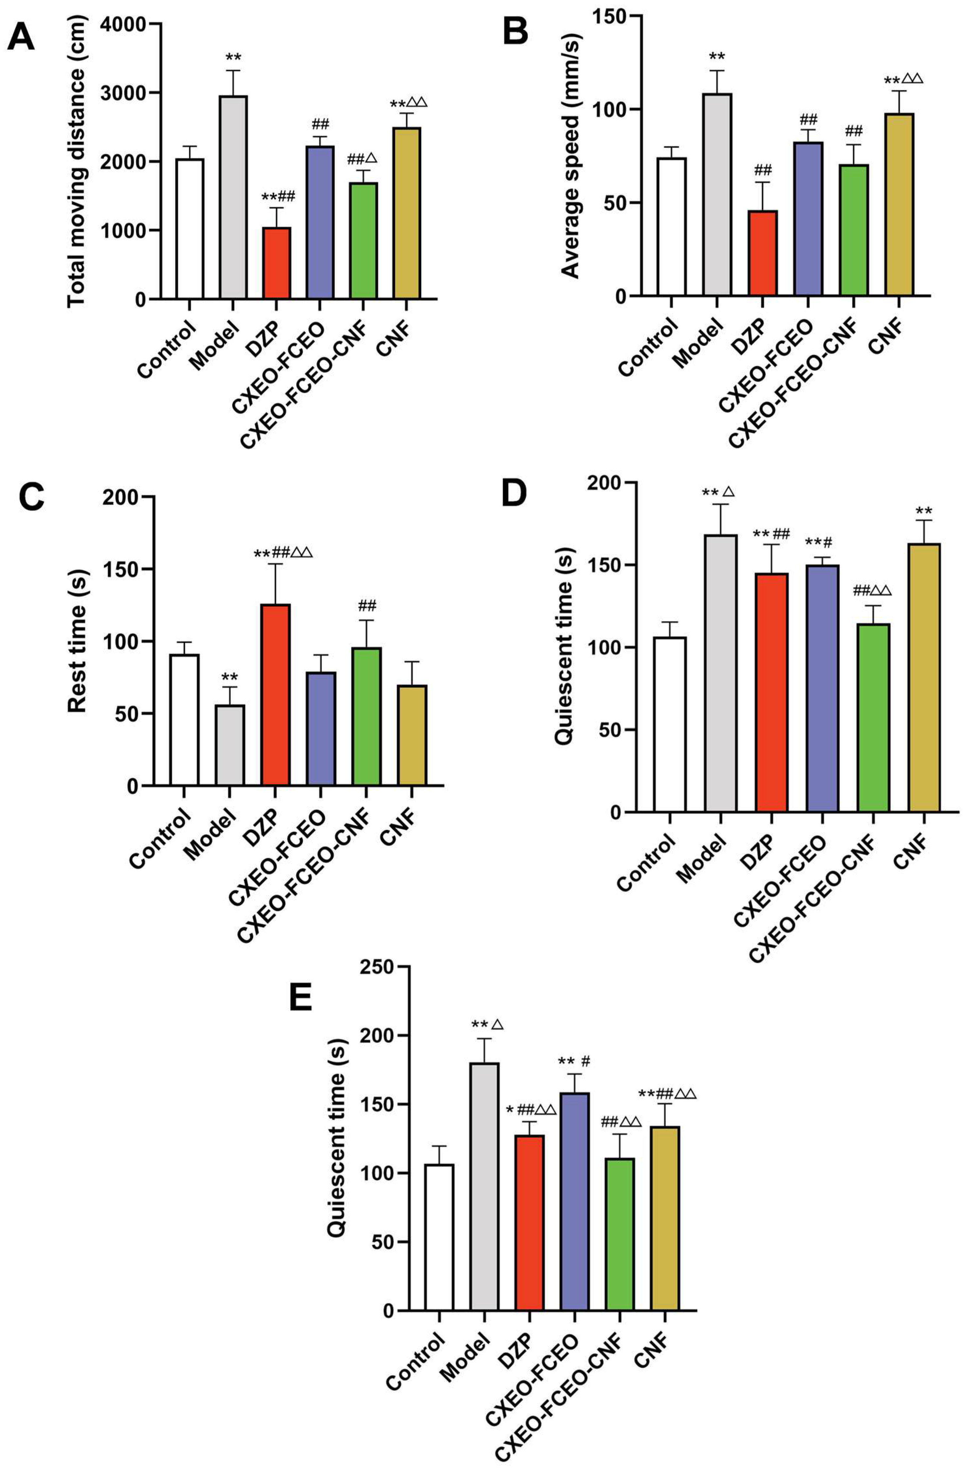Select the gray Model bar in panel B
coord(716,195)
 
